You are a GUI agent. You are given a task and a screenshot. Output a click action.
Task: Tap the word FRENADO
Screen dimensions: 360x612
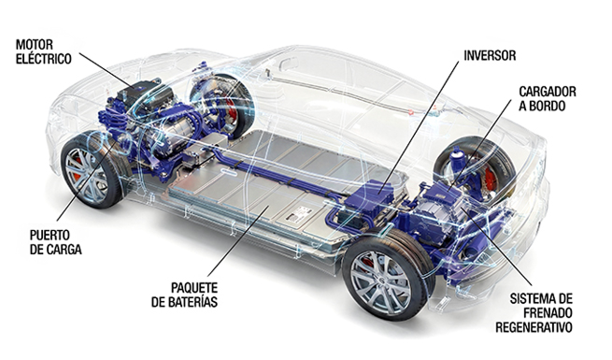(x=534, y=313)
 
